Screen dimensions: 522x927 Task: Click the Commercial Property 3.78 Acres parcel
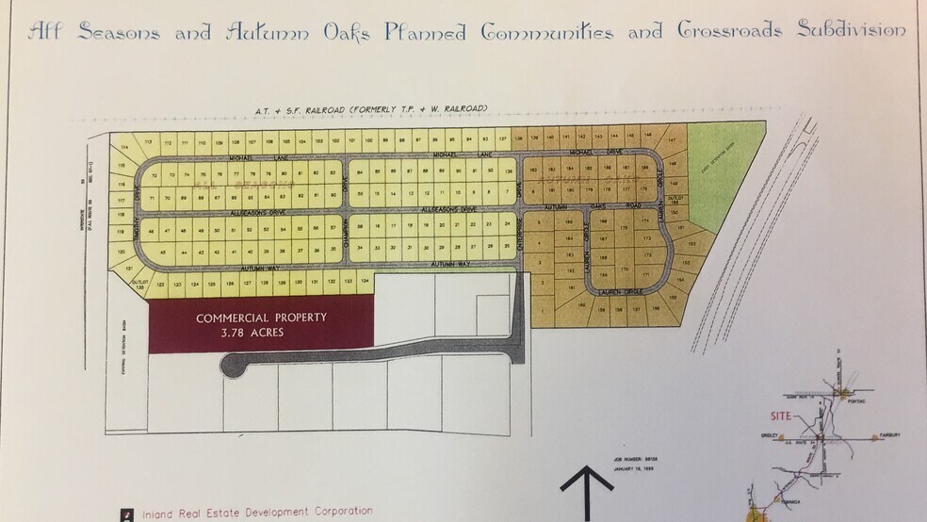pos(261,324)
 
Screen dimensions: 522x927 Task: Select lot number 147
pos(672,140)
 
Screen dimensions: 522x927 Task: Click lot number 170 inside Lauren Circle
pos(624,269)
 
